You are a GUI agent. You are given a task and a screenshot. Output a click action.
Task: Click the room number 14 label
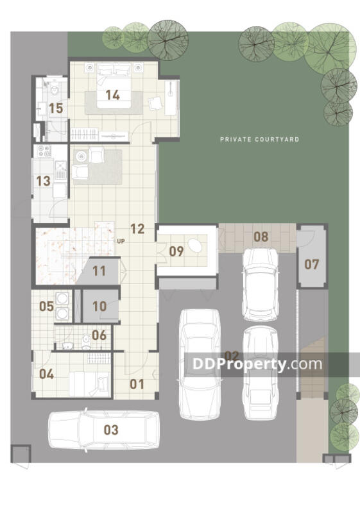[112, 95]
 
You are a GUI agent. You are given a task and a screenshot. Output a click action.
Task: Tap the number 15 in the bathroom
[56, 108]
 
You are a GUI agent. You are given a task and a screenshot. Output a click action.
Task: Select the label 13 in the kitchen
[43, 181]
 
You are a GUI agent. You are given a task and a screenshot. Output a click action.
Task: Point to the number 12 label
[137, 229]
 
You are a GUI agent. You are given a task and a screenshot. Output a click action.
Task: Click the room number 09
[176, 251]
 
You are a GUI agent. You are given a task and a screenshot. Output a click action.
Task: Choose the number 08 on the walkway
[261, 237]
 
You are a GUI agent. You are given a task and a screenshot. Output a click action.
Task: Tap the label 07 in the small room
[312, 264]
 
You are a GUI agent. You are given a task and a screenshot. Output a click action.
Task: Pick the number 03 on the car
[111, 430]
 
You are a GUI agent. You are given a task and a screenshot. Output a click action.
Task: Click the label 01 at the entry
[137, 384]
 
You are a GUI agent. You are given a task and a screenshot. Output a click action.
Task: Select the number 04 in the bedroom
[46, 374]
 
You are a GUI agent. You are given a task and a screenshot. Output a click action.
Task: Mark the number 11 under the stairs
[99, 271]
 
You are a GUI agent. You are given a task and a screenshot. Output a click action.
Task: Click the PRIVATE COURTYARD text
[259, 139]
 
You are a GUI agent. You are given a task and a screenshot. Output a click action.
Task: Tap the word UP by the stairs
[121, 242]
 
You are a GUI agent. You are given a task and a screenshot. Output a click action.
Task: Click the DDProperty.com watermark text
[257, 364]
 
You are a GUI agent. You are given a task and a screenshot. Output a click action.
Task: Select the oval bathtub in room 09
[195, 245]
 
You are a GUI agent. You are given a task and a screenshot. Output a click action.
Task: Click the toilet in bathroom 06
[86, 342]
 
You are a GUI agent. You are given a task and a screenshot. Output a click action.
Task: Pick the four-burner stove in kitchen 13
[44, 151]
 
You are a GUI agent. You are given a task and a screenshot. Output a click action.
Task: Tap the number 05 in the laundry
[46, 307]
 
